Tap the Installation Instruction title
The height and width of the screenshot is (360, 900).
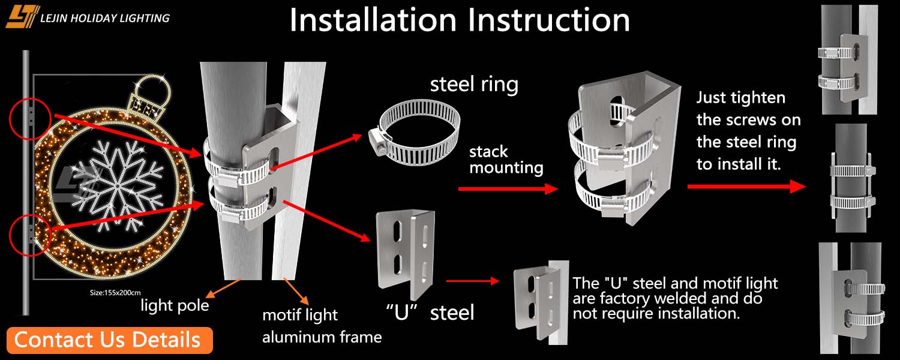pos(460,20)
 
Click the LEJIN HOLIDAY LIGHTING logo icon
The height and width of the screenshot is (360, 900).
pos(22,16)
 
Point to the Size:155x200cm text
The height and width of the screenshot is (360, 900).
pos(115,293)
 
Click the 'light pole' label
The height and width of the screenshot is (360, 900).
pos(175,306)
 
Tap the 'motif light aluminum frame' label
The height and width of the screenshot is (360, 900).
pos(322,326)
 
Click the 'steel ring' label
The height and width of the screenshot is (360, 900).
pos(474,84)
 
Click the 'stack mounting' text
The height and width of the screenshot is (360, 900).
pos(506,159)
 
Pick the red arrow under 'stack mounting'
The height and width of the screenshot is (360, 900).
pos(508,188)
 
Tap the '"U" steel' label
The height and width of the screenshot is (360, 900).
pos(430,312)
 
